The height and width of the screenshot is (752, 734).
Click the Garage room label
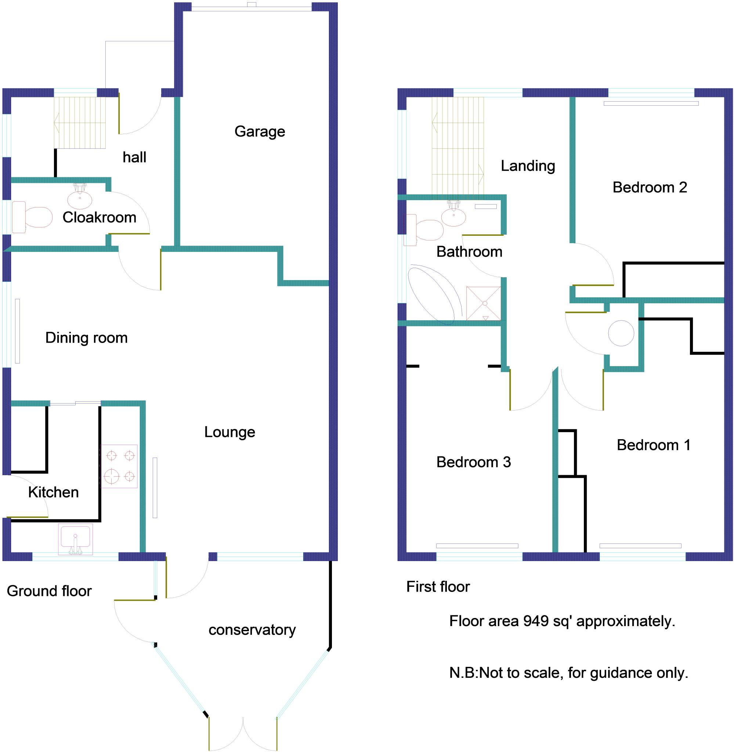(260, 132)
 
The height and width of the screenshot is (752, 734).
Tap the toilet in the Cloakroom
(33, 217)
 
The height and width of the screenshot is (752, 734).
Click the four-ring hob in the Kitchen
(119, 466)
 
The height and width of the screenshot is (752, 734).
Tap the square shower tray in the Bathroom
(484, 303)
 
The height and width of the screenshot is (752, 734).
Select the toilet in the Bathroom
(424, 230)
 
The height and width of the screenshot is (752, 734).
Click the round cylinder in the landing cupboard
(621, 333)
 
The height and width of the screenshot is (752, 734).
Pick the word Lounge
(229, 432)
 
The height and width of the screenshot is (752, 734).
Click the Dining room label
(86, 338)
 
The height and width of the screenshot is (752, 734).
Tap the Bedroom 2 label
(650, 187)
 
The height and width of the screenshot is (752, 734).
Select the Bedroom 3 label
(473, 462)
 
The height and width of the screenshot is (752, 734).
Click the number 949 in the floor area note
(536, 621)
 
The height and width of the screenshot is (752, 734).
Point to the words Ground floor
(49, 591)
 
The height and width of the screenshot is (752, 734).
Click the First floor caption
(438, 587)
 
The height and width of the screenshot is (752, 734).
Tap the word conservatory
(252, 630)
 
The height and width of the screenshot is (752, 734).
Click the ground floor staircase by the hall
(80, 123)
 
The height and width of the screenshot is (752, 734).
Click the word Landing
(528, 166)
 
